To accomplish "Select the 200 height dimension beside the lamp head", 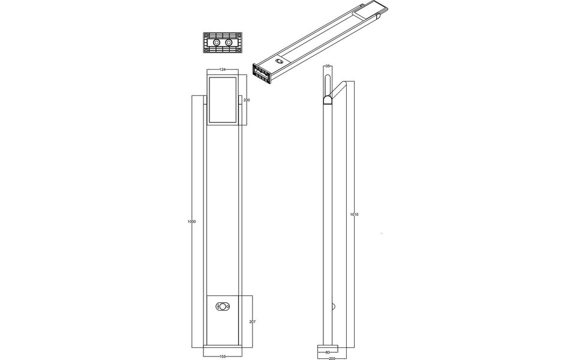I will (247, 100).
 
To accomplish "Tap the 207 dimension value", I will (253, 322).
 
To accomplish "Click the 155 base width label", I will (222, 356).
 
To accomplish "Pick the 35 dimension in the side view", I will (328, 65).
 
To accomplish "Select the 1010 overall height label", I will (355, 214).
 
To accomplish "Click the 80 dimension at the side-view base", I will (328, 352).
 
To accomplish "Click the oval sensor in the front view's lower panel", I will (223, 307).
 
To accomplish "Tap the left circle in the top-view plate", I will (215, 43).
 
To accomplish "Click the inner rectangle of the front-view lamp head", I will (223, 99).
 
